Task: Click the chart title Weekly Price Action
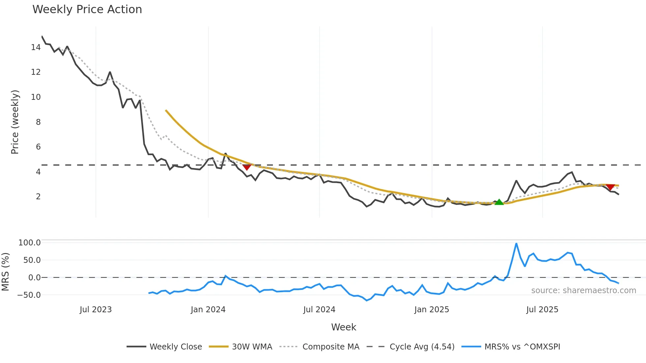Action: tap(87, 10)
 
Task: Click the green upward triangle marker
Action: tap(499, 202)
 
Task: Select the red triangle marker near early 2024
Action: tap(247, 167)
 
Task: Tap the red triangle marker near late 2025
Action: tap(610, 187)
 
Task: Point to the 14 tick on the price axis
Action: tap(36, 47)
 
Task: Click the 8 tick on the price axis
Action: tap(38, 122)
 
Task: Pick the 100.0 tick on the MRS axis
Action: tap(29, 243)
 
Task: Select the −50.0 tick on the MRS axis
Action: tap(29, 295)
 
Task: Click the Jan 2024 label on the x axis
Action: tap(208, 310)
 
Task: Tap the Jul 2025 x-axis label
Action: tap(542, 310)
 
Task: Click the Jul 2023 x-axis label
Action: tap(96, 310)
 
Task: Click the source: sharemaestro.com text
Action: tap(583, 291)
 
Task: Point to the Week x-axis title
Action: tap(343, 327)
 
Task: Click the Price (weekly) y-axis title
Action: tap(15, 122)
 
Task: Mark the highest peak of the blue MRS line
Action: tap(516, 244)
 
